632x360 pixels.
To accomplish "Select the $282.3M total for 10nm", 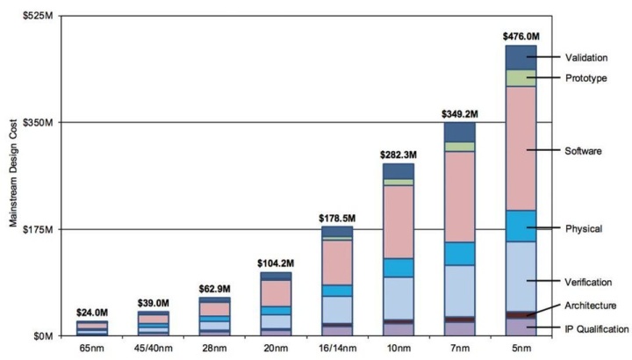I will coord(398,155).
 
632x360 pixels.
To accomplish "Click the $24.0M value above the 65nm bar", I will coord(92,313).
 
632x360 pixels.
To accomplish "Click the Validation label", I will coord(587,58).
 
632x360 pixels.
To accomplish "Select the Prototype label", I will coord(585,78).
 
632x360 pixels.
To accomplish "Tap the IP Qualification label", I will coord(596,329).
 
